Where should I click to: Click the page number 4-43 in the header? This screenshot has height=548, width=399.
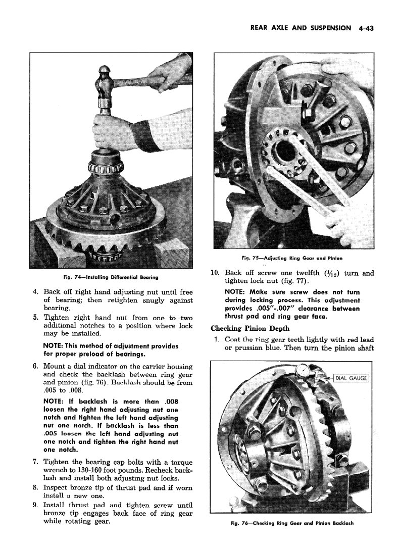coord(363,28)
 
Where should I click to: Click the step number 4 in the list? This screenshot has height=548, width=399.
coord(34,292)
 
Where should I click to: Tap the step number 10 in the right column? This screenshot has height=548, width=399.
coord(215,273)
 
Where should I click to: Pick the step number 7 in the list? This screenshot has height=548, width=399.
coord(34,462)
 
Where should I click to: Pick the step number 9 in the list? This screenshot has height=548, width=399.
coord(34,505)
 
